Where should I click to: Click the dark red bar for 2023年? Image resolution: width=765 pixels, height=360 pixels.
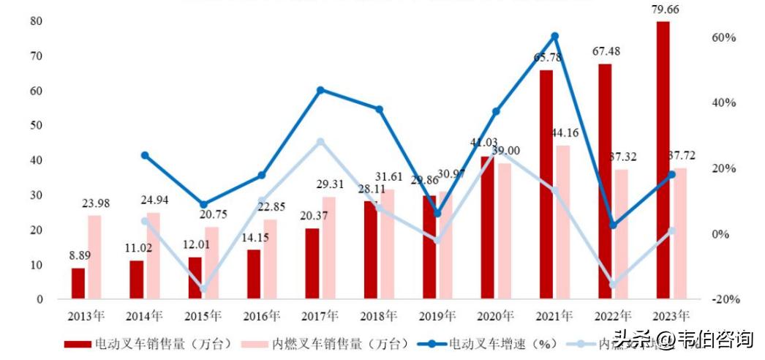(x=663, y=160)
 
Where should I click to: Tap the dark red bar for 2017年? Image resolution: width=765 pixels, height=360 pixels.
(x=312, y=263)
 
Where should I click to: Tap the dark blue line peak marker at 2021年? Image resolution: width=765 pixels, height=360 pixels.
(x=554, y=36)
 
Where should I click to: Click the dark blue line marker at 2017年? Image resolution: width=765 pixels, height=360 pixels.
(x=320, y=90)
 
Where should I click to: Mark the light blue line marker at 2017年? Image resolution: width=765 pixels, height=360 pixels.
(x=320, y=142)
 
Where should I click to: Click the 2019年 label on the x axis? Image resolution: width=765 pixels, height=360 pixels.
(x=437, y=317)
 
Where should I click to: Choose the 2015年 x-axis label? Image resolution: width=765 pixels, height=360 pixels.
(x=203, y=317)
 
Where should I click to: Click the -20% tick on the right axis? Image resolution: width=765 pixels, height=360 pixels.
(x=723, y=299)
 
